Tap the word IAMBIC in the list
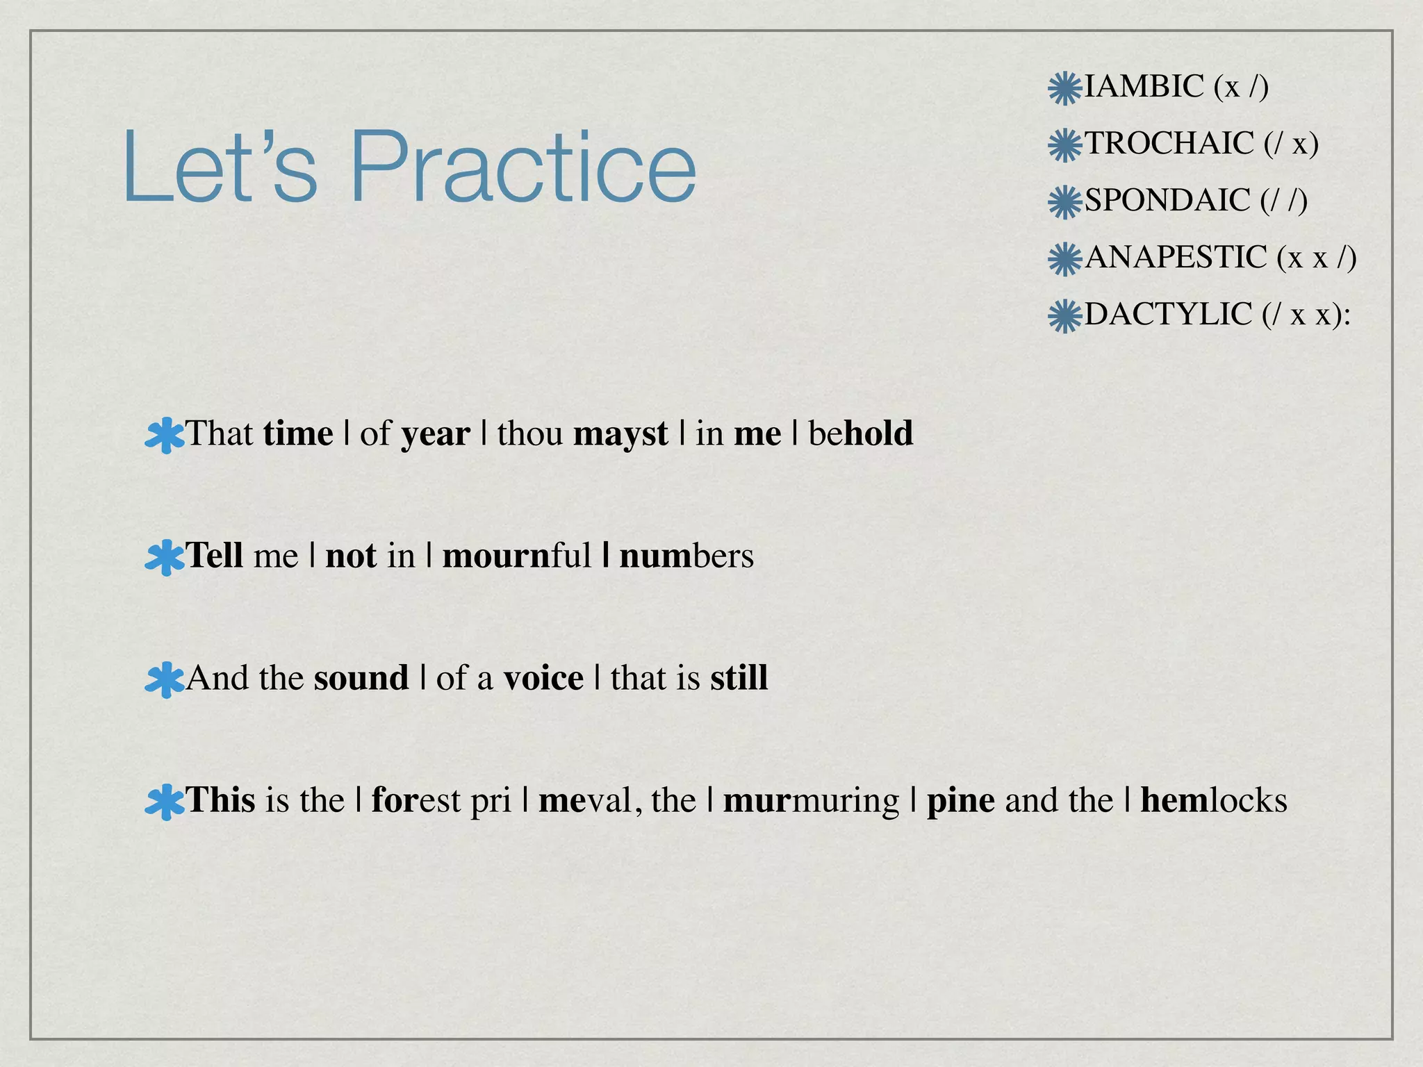(1144, 87)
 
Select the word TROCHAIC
(1169, 144)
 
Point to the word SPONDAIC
(1167, 201)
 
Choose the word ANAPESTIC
(1176, 258)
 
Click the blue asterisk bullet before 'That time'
(165, 436)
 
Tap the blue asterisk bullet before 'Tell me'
(165, 558)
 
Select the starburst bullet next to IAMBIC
(1064, 88)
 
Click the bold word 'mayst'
(620, 435)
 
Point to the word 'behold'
(860, 433)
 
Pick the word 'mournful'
(516, 556)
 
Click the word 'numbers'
(686, 556)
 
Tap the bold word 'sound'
(361, 678)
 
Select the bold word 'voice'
(543, 678)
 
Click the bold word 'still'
(739, 678)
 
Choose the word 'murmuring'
(811, 801)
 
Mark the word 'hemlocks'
(1213, 800)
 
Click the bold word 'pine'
(960, 801)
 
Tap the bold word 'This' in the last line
(220, 800)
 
